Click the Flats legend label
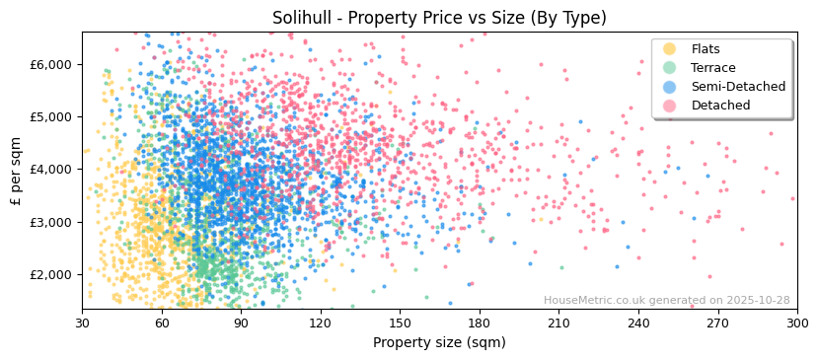tap(706, 49)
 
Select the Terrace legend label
tap(713, 68)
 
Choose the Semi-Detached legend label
tap(738, 87)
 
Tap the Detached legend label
tap(720, 106)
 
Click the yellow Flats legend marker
tap(669, 49)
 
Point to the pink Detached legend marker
tap(669, 106)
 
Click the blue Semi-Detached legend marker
tap(669, 87)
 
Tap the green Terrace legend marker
tap(669, 68)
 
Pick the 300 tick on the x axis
tap(797, 323)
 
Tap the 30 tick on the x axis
tap(82, 323)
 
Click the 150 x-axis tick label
tap(400, 323)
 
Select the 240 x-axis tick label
tap(638, 323)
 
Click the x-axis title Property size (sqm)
tap(439, 342)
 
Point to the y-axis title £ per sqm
tap(17, 171)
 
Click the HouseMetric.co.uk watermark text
tap(666, 301)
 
